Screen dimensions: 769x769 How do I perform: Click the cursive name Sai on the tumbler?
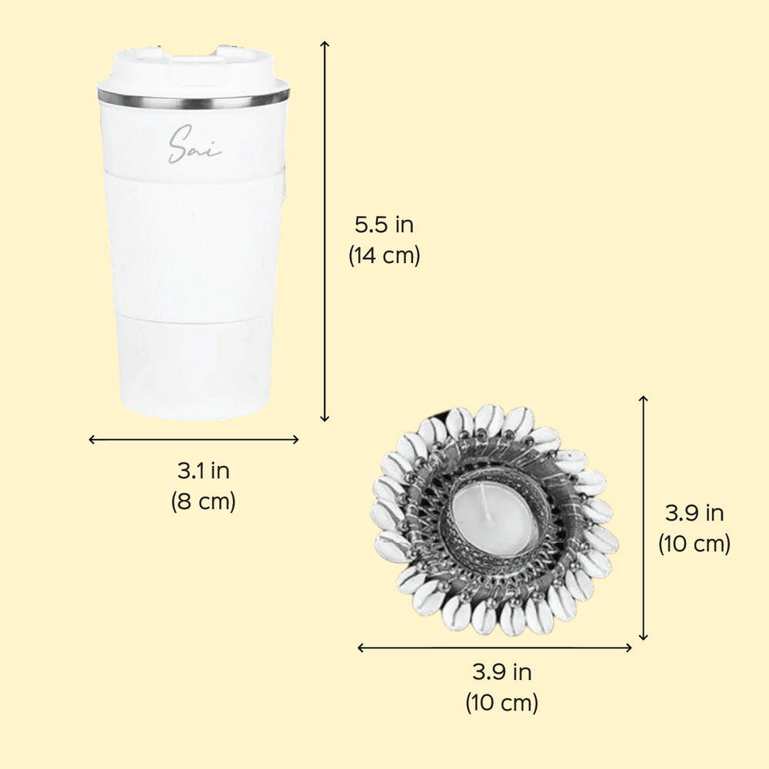(x=195, y=145)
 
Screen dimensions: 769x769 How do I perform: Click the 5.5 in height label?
(x=384, y=225)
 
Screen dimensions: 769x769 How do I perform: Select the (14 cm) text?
(x=384, y=255)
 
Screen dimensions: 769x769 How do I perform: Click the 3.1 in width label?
(x=204, y=471)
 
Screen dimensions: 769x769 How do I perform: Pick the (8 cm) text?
(x=204, y=501)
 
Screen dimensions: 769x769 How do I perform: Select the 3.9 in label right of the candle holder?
(x=694, y=513)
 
